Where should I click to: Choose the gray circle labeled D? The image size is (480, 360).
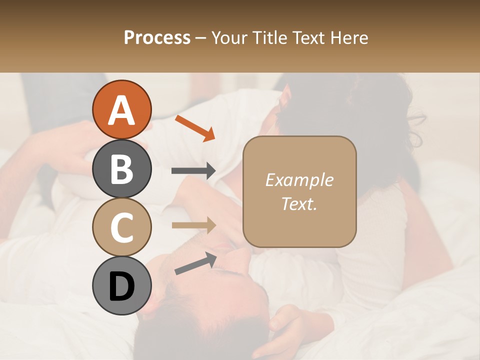coord(121,286)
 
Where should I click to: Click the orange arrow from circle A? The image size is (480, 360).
coord(195,128)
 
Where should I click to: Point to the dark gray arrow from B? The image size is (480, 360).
coord(193,171)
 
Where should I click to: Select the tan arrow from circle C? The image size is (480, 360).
coord(193,225)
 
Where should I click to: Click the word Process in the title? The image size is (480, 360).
coord(157,38)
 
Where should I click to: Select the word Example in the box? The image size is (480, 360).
coord(299,180)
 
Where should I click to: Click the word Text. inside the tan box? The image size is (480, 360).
coord(299,203)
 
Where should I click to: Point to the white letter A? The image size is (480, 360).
coord(121,110)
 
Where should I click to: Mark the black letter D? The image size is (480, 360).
coord(121,286)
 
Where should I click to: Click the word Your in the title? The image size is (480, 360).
coord(229,38)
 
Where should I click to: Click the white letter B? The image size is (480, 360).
coord(121,169)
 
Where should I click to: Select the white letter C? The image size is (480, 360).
coord(121,227)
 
